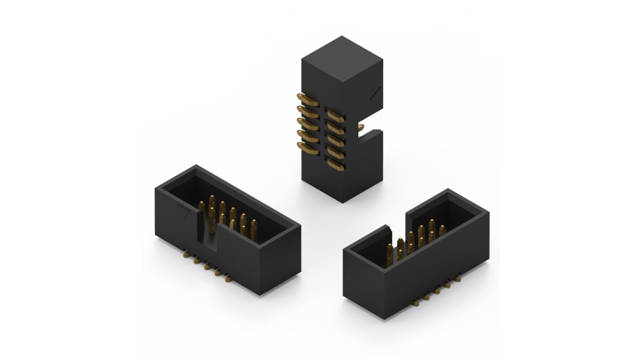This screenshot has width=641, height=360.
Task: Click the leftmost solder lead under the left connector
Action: (185, 256)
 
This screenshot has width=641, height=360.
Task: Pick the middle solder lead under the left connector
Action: (208, 267)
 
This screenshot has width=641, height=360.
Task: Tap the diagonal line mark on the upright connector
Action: (375, 93)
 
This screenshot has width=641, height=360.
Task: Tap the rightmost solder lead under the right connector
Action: (459, 276)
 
